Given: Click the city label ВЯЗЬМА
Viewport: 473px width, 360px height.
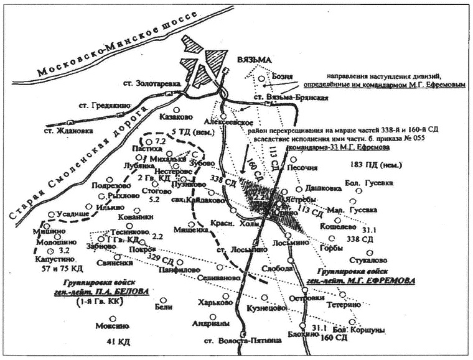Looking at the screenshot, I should click(255, 60).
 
